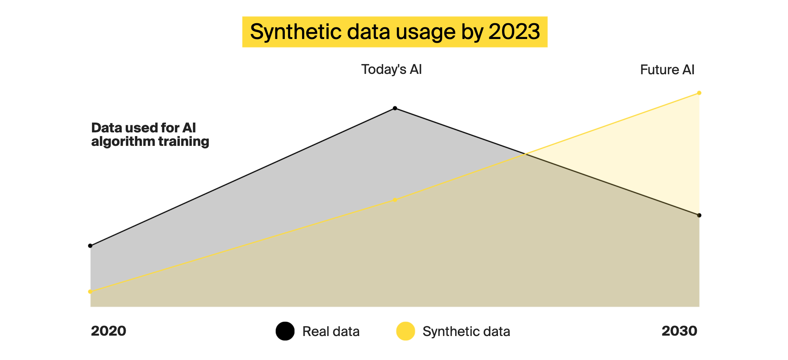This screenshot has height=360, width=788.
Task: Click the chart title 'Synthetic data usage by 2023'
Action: (x=395, y=31)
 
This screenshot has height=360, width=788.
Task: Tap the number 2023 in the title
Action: (x=514, y=31)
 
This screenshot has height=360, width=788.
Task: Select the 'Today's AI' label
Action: (x=391, y=69)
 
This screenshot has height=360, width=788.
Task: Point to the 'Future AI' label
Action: (x=667, y=70)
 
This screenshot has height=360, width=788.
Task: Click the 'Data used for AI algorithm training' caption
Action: (x=150, y=135)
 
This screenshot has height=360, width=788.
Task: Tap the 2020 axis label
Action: (x=108, y=331)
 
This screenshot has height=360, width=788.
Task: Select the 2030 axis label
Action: (x=679, y=331)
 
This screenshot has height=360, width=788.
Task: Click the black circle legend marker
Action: (x=285, y=331)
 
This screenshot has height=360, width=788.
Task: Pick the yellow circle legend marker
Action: (x=406, y=331)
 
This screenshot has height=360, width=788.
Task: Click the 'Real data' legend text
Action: (x=331, y=331)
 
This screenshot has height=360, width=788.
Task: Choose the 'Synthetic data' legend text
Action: (x=466, y=331)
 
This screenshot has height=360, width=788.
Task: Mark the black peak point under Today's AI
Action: (x=395, y=108)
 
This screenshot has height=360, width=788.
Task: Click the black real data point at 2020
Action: (x=90, y=246)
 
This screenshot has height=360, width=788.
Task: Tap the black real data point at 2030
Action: (x=699, y=215)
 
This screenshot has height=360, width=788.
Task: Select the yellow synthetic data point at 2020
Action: (x=90, y=291)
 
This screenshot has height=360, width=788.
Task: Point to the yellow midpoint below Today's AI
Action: (x=395, y=200)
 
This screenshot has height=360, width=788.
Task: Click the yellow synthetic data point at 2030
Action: (x=699, y=93)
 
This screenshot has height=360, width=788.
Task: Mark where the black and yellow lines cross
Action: (x=525, y=154)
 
